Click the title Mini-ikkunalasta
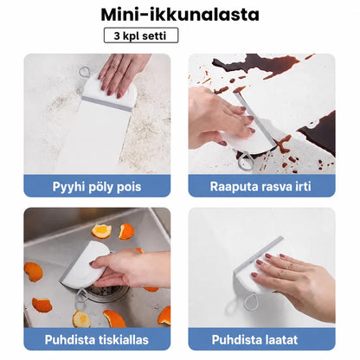coord(180,15)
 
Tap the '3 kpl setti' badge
coord(141,35)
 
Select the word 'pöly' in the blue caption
coord(98,187)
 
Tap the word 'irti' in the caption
coord(303,186)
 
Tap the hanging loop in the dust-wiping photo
coord(85,72)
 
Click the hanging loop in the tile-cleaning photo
coord(250,302)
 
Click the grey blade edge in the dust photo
coord(106,104)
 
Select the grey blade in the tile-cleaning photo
coord(257,254)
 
